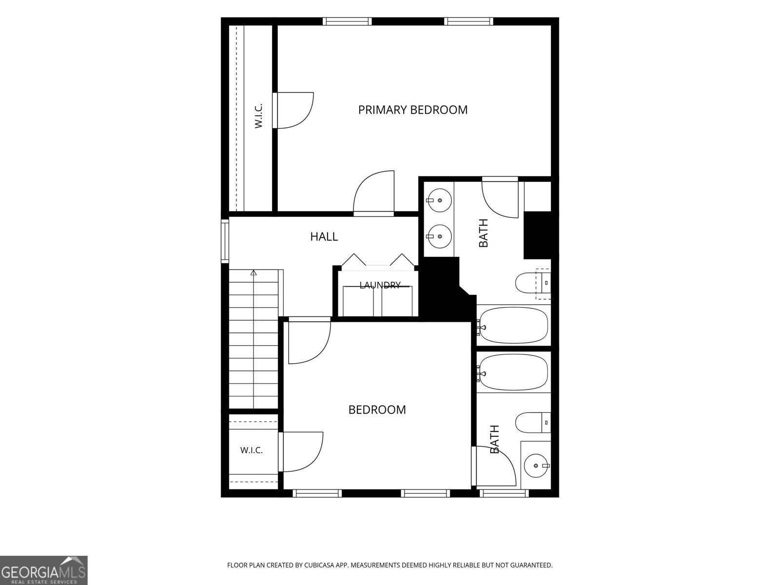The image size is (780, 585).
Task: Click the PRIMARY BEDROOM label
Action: (x=412, y=110)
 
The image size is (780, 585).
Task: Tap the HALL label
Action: (x=324, y=236)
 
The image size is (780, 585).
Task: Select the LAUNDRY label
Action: (x=380, y=285)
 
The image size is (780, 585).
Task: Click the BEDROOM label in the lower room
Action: (x=377, y=409)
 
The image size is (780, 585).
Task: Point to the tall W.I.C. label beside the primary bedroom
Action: (x=258, y=116)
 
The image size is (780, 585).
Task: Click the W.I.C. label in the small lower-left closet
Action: (x=251, y=450)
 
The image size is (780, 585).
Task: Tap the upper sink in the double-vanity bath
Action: (x=439, y=200)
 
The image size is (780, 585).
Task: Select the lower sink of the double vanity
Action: (x=439, y=236)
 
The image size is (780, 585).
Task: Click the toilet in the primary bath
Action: (x=533, y=283)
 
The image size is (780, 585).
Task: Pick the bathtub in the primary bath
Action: (x=512, y=325)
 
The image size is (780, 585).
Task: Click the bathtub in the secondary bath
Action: (x=512, y=372)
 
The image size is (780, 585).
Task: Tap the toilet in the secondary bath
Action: (x=533, y=423)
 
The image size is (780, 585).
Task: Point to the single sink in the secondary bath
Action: (x=537, y=466)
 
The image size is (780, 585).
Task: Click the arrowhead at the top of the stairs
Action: (x=253, y=273)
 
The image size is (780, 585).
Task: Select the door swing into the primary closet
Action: (x=294, y=110)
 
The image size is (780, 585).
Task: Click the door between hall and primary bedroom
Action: (x=374, y=193)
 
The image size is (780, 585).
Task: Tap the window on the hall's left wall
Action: (x=225, y=241)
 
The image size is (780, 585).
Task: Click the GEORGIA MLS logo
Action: (x=44, y=570)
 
